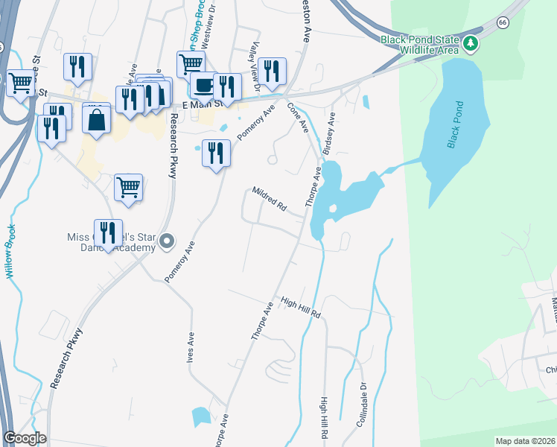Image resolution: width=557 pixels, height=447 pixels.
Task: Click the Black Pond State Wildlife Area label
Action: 421,45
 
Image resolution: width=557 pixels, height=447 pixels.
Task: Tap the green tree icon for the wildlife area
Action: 471,43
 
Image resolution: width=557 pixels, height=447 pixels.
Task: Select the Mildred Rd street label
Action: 269,197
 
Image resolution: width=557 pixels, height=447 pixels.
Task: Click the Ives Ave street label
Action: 191,348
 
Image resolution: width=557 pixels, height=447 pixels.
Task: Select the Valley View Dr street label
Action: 255,67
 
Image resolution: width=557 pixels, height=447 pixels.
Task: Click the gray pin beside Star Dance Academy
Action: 167,241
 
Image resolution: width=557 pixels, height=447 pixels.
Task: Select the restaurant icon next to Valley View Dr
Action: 273,71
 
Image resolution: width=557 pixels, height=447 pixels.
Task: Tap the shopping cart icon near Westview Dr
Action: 191,64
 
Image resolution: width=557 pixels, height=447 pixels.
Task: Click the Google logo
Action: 25,438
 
